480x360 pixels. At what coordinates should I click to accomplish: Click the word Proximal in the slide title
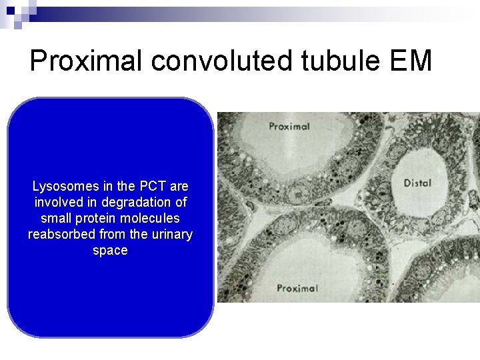[87, 62]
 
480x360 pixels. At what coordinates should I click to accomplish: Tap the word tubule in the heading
[338, 62]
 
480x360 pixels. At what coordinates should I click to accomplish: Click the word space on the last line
[110, 251]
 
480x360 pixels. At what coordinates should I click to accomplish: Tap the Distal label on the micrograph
[417, 183]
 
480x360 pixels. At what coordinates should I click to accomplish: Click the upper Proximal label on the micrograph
[289, 126]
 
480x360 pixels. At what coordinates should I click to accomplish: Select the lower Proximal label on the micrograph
[297, 288]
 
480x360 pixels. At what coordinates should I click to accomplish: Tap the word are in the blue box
[179, 186]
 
